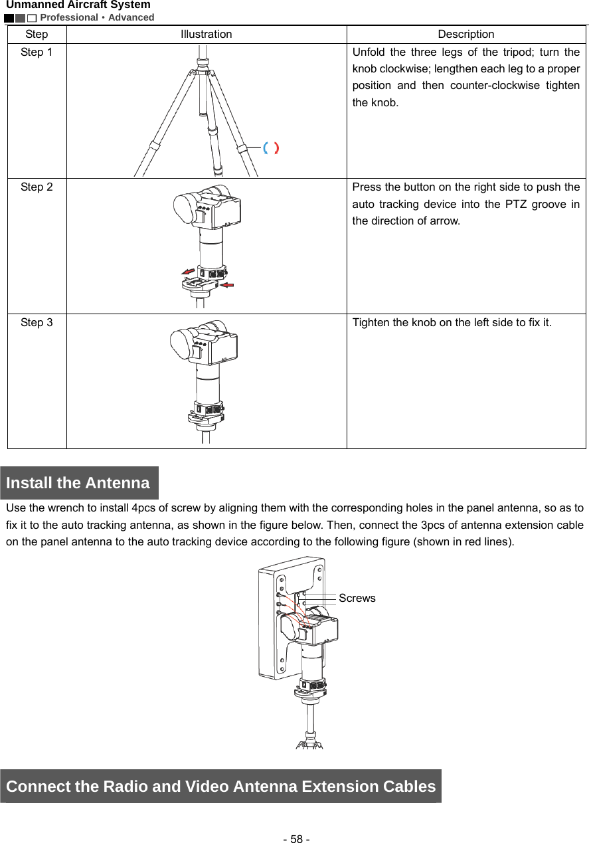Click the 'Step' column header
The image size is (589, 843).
click(x=37, y=34)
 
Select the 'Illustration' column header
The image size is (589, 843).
click(x=207, y=34)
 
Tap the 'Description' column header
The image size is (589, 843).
click(x=465, y=34)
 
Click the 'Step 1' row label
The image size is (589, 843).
click(x=37, y=52)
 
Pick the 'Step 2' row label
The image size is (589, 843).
click(x=37, y=187)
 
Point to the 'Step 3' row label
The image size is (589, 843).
click(x=37, y=323)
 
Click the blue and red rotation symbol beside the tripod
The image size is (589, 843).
click(x=270, y=148)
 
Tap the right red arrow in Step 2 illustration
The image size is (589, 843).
click(x=228, y=285)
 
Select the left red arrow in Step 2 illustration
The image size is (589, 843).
click(x=189, y=271)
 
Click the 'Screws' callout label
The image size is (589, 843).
click(x=357, y=598)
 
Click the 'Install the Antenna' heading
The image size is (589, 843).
click(x=78, y=483)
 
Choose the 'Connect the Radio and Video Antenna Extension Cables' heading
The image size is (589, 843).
click(x=220, y=787)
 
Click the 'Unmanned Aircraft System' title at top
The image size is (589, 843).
click(x=78, y=5)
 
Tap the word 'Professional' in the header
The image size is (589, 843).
click(x=69, y=17)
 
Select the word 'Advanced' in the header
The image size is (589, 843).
click(x=131, y=17)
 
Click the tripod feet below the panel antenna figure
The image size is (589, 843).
click(x=309, y=743)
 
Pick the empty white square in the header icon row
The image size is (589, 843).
click(x=32, y=18)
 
